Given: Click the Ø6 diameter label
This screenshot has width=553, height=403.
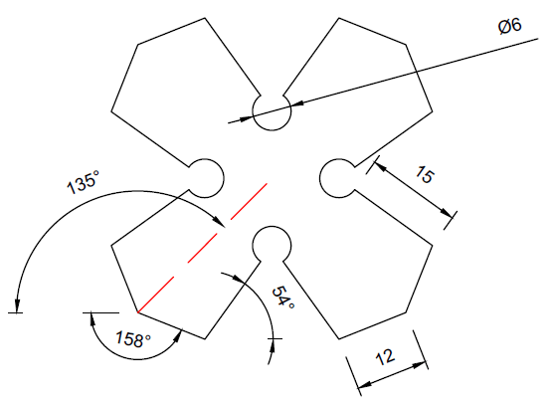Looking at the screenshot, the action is (509, 26).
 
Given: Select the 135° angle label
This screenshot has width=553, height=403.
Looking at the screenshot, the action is (84, 182).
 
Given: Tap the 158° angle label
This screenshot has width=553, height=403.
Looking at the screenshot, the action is (133, 339).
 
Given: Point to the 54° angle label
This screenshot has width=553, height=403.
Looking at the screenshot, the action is (282, 297).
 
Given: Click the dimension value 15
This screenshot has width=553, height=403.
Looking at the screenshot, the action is (425, 174).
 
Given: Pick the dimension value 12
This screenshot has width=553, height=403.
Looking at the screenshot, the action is (385, 357).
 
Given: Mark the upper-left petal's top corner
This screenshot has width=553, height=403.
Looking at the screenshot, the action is (205, 18).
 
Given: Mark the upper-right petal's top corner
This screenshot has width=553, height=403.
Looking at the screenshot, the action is (339, 18).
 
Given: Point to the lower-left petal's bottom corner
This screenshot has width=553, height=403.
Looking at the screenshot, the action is (205, 339).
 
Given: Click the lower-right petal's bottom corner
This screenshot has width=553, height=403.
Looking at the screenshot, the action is (339, 339).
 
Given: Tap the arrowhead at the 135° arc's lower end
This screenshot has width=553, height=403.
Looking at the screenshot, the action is (16, 305).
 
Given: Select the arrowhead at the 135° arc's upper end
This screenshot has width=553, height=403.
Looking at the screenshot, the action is (219, 222).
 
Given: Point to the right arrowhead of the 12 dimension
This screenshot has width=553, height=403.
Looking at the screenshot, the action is (420, 364).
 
